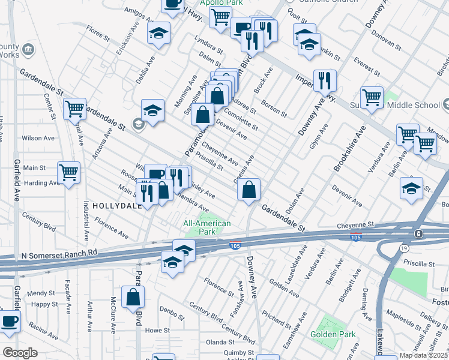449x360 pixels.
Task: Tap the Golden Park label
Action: pyautogui.click(x=333, y=334)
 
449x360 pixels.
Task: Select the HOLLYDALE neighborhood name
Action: pyautogui.click(x=116, y=205)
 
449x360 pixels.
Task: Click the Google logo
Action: pyautogui.click(x=20, y=353)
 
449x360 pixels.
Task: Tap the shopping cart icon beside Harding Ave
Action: pyautogui.click(x=69, y=173)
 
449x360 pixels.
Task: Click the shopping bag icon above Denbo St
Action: pyautogui.click(x=133, y=296)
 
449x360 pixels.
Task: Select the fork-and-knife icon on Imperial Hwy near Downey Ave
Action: pyautogui.click(x=325, y=80)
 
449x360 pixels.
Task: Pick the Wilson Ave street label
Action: pyautogui.click(x=38, y=138)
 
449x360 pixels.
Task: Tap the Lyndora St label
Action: pyautogui.click(x=208, y=48)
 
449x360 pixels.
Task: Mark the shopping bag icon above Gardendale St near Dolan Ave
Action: pyautogui.click(x=249, y=190)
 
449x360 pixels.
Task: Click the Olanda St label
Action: pyautogui.click(x=219, y=341)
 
